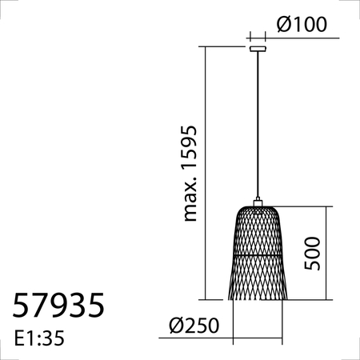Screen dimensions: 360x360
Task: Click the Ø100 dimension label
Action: coord(302,25)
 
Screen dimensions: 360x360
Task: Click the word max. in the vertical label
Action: coord(190,200)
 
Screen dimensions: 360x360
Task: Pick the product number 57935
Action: coord(58,306)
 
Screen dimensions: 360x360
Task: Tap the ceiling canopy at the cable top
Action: coord(258,49)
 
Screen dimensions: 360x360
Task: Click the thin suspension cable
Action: coord(258,120)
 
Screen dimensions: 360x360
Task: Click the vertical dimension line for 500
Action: coord(328,253)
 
